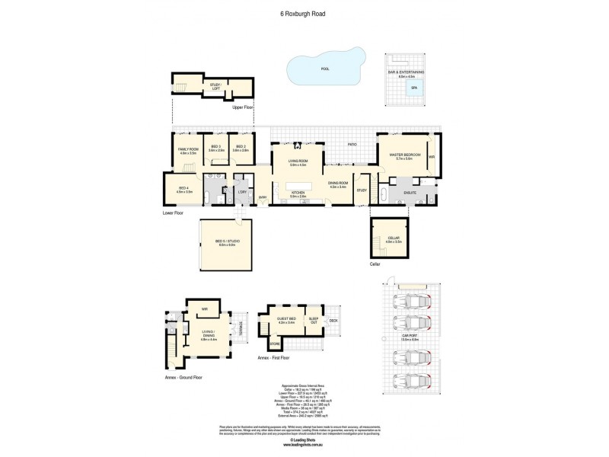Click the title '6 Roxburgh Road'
[304, 13]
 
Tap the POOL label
[326, 69]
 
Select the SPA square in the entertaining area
[414, 88]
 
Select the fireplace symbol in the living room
[298, 145]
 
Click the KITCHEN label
[298, 193]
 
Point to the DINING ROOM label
[337, 183]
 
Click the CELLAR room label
[393, 238]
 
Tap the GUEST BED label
[285, 321]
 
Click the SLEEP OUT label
[314, 320]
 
